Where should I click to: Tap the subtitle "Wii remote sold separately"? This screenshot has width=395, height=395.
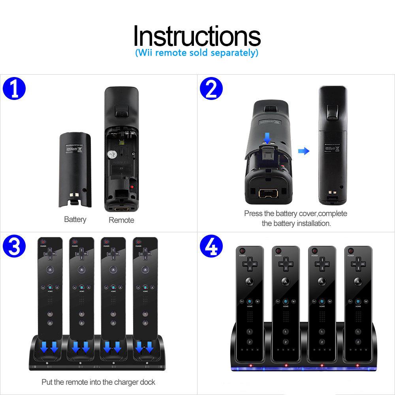197,53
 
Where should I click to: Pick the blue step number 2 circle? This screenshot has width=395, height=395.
211,90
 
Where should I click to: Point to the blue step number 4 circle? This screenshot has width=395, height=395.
211,248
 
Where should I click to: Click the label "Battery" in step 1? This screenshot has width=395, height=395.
75,219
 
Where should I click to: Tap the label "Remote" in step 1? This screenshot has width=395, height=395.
121,220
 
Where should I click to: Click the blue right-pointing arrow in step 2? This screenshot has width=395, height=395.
303,151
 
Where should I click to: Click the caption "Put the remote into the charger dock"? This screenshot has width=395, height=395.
98,382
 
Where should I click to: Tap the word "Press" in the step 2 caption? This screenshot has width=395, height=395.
253,214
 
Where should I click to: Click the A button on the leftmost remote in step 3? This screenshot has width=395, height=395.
50,270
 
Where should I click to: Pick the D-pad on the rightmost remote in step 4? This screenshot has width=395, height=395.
358,263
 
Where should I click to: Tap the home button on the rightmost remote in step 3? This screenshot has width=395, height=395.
145,287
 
